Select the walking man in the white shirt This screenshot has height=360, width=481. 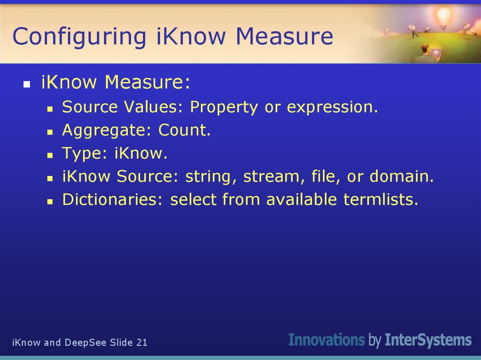point(414,30)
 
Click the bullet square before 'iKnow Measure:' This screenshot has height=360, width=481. point(27,84)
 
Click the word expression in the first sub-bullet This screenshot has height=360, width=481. point(332,107)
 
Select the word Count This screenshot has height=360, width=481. point(185,130)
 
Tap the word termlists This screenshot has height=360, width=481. point(380,199)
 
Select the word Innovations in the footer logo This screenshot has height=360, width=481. point(326,340)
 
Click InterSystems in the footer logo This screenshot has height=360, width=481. point(428,340)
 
